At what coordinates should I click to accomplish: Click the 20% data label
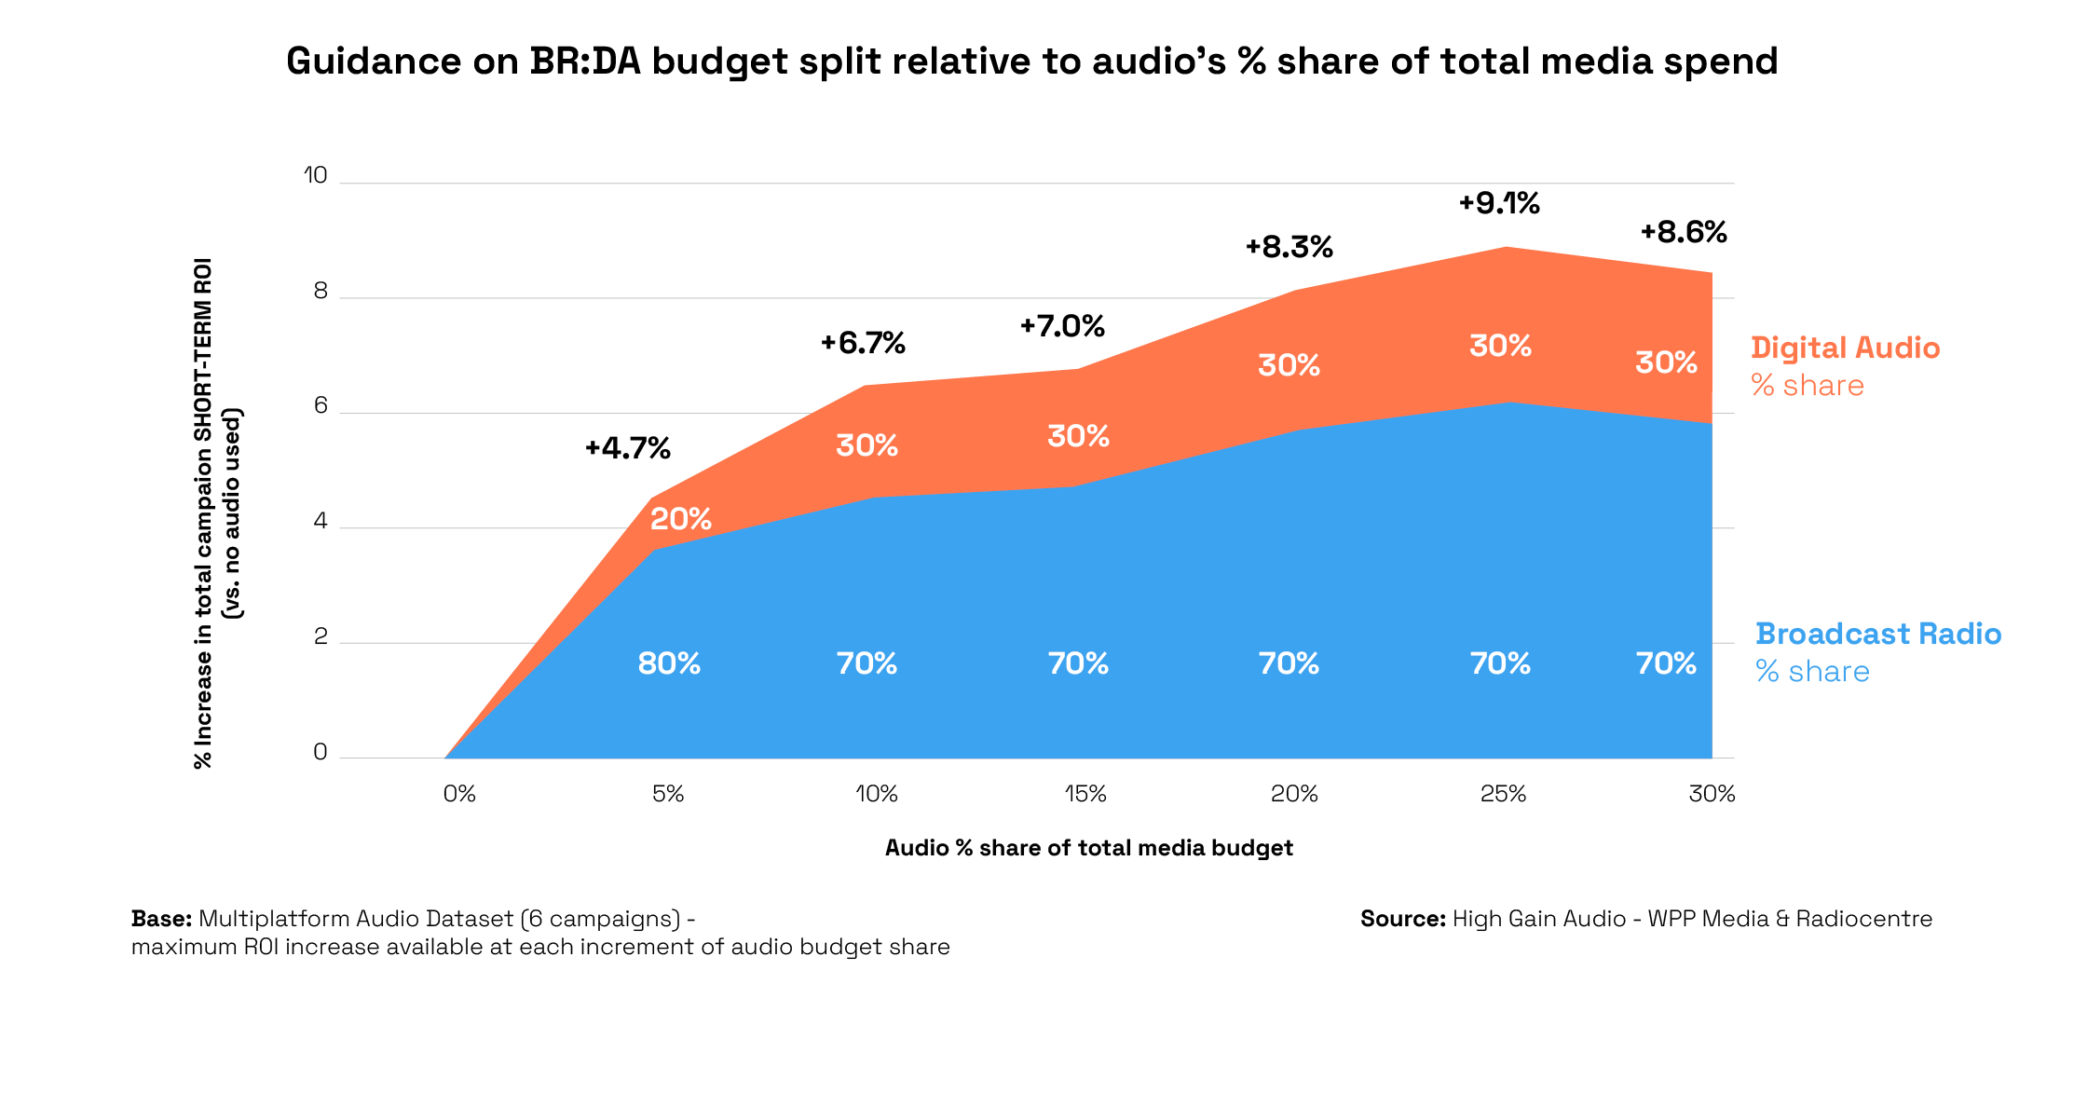coord(681,519)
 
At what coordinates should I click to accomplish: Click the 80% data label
coord(669,663)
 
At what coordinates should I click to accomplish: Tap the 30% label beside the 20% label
coord(866,445)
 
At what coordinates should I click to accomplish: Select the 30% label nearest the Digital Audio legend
coord(1666,362)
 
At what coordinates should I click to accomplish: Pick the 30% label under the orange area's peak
coord(1500,346)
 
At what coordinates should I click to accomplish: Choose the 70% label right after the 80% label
coord(866,663)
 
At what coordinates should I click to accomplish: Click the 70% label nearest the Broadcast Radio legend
coord(1666,663)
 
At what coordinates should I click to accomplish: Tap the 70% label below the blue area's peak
coord(1500,663)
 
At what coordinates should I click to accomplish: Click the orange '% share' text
coord(1808,386)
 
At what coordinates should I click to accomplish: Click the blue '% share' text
coord(1812,672)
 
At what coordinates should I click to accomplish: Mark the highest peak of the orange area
coord(1507,248)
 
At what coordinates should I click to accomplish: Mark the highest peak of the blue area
coord(1510,403)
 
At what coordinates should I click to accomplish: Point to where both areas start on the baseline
coord(445,758)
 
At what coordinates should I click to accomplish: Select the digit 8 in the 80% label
coord(648,663)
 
